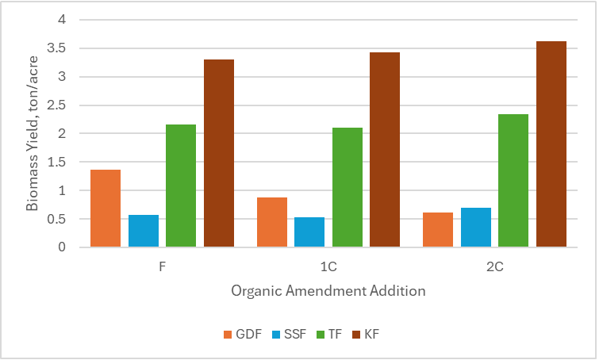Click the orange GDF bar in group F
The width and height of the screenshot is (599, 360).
pos(106,209)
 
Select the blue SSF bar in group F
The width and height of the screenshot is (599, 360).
pos(144,231)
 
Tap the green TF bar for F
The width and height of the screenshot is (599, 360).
pos(181,186)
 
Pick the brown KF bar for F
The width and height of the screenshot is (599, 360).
pos(219,153)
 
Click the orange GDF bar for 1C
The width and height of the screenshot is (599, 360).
pos(272,222)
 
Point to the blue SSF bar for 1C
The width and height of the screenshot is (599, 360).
pos(309,232)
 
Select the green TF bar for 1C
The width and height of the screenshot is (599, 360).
pos(347,187)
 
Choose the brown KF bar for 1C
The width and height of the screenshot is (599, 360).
pos(385,150)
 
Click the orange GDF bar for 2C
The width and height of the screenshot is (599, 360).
pos(438,230)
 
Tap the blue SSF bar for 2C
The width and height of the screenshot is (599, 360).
pos(476,228)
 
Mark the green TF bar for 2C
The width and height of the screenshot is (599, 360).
pos(513,181)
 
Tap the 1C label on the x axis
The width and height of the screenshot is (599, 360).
pos(328,267)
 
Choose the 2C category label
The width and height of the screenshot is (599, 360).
pos(494,267)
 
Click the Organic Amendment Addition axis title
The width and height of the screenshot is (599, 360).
pos(328,291)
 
